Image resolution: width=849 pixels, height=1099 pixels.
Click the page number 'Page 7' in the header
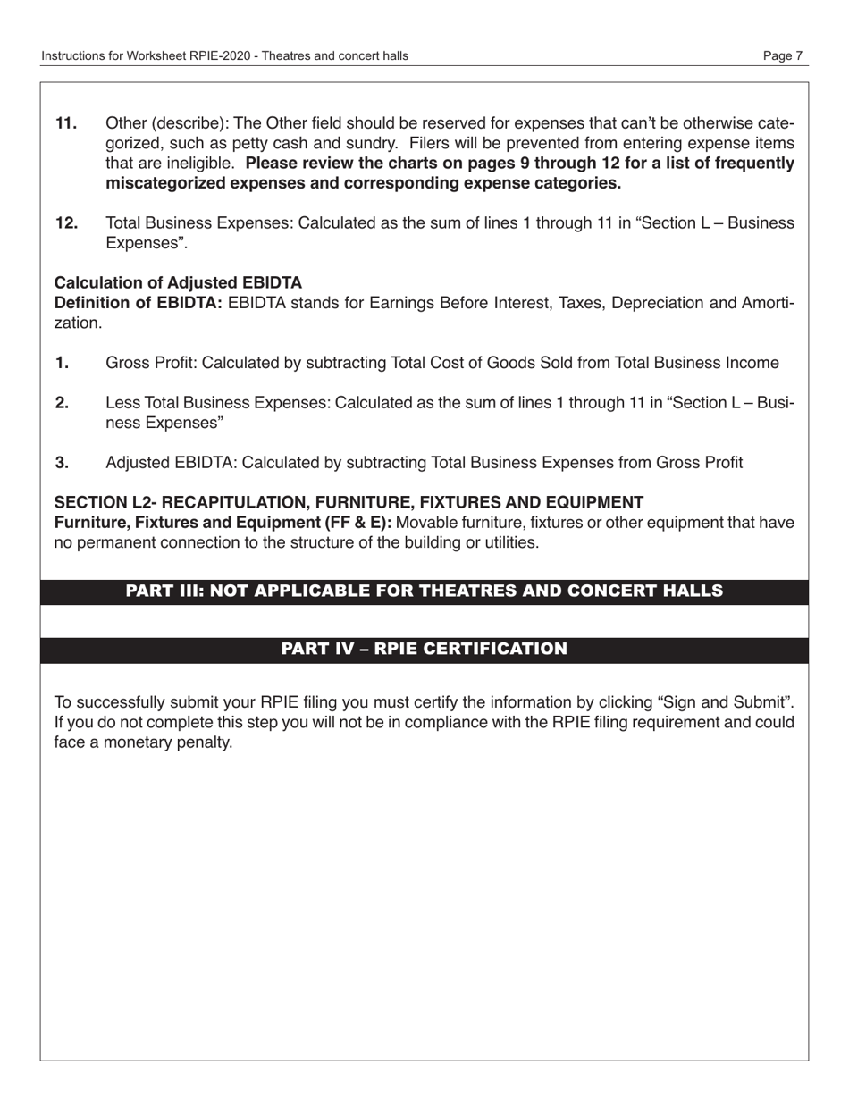pos(782,55)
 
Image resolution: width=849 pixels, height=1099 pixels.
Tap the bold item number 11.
pos(66,123)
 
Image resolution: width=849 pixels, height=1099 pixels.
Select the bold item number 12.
pos(66,223)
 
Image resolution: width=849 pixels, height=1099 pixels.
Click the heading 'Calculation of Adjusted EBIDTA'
pos(178,283)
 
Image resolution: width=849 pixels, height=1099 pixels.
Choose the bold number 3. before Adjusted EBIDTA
pos(63,463)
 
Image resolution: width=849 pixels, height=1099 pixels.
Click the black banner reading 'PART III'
pos(424,591)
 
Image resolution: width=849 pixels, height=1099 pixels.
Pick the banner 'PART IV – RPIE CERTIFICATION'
pos(424,649)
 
